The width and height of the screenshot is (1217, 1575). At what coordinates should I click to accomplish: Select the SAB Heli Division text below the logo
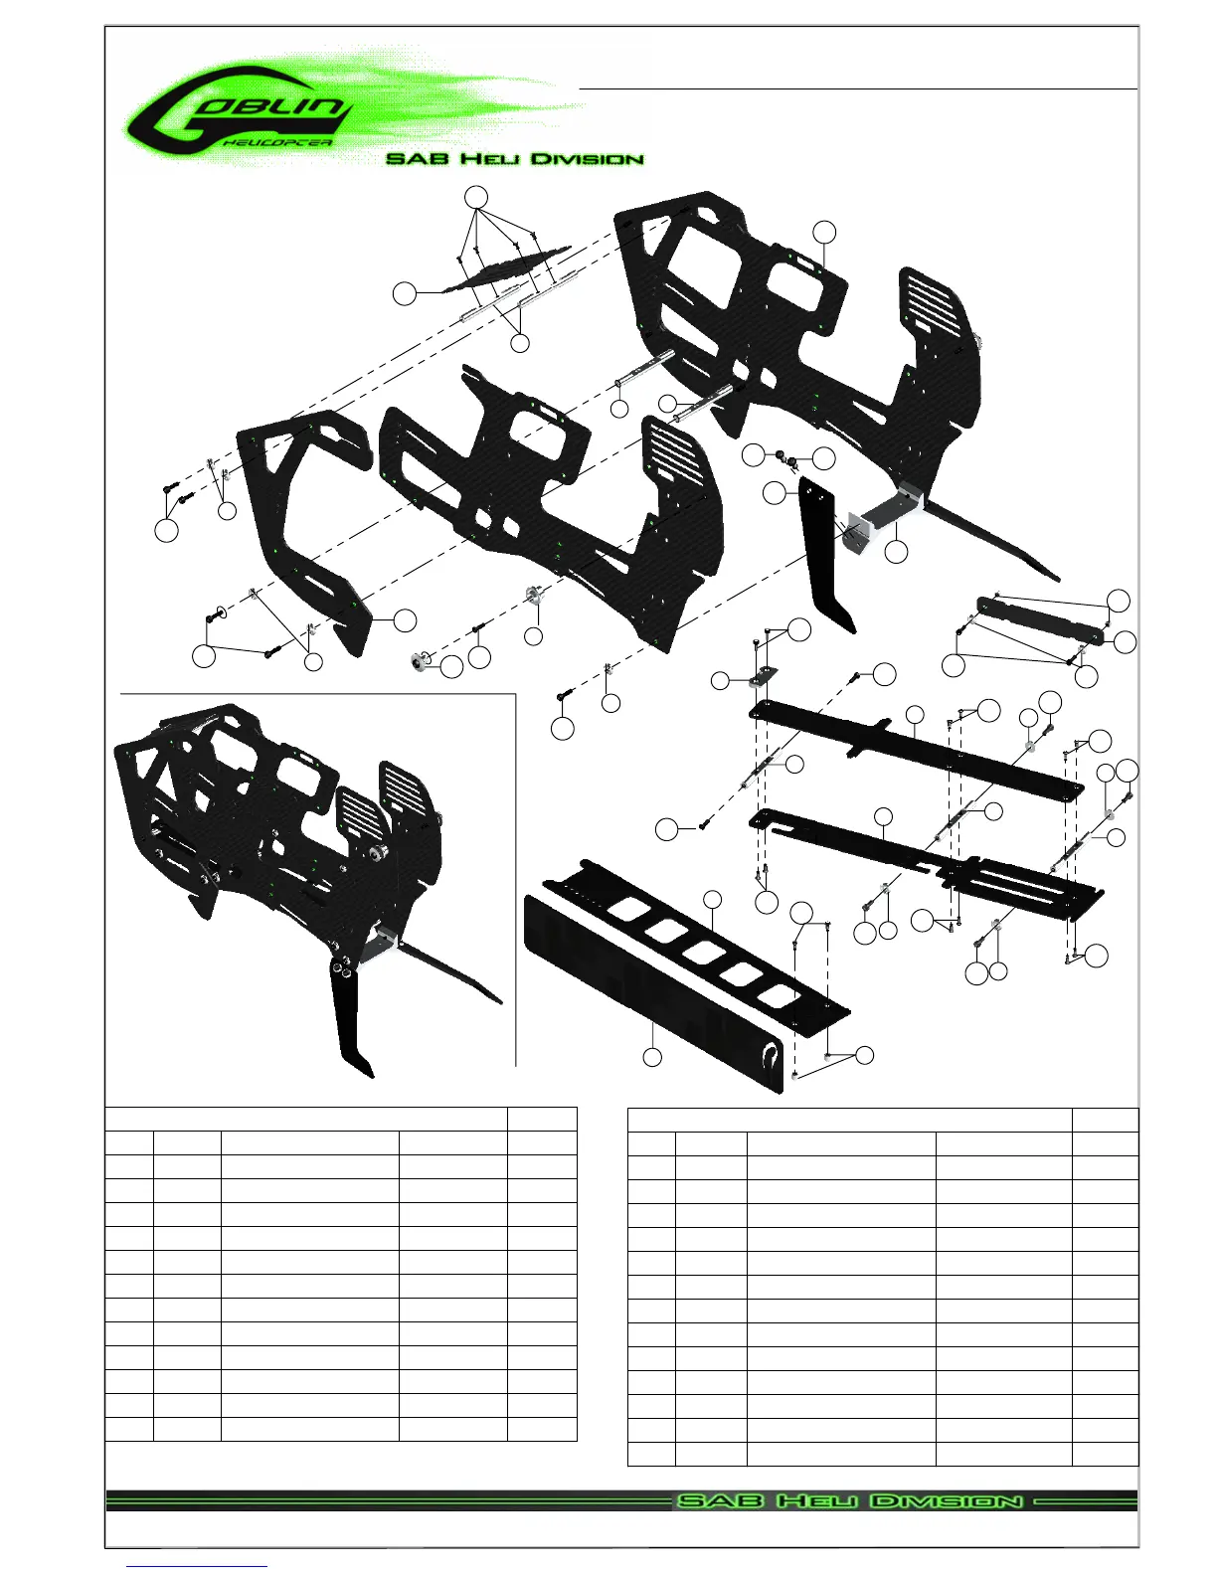pyautogui.click(x=514, y=159)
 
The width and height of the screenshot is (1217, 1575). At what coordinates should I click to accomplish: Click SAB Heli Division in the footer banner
pyautogui.click(x=849, y=1500)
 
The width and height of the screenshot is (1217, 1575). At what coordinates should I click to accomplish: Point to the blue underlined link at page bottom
pyautogui.click(x=198, y=1566)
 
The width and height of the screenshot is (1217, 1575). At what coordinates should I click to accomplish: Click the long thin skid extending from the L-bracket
pyautogui.click(x=994, y=542)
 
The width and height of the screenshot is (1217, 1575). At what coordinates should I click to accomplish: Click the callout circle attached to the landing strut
pyautogui.click(x=774, y=492)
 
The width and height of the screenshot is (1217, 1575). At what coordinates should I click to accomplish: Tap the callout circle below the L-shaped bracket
pyautogui.click(x=896, y=553)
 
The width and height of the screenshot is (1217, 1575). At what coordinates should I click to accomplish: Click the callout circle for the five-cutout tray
pyautogui.click(x=712, y=900)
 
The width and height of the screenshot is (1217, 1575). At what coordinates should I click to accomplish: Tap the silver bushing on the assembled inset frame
pyautogui.click(x=377, y=853)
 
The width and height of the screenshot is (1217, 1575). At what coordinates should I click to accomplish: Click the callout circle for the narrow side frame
pyautogui.click(x=404, y=618)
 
